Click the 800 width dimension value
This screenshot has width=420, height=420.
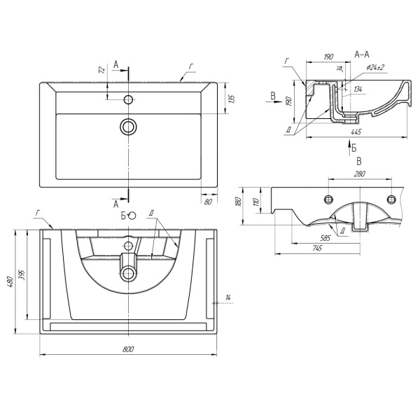point(128,349)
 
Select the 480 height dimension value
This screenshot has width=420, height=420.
point(10,281)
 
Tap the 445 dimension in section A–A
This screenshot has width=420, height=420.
point(356,132)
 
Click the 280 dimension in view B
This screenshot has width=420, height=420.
point(360,174)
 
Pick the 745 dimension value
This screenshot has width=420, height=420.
point(316,248)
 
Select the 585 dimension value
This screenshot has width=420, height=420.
point(325,238)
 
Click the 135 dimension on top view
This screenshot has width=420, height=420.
point(232,99)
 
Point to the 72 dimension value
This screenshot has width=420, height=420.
point(101,69)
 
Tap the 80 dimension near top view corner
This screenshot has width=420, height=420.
point(208,202)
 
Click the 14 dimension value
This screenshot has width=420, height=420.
point(228,297)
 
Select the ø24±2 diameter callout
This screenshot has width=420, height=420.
point(374,67)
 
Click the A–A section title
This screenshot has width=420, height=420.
point(362,55)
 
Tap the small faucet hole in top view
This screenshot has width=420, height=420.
point(129,99)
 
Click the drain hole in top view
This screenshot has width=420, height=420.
point(129,127)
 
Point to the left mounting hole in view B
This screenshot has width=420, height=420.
point(329,199)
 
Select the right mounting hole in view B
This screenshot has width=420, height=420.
point(391,199)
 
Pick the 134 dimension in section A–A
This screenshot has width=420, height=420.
point(358,89)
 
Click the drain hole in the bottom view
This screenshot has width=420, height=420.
point(129,273)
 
